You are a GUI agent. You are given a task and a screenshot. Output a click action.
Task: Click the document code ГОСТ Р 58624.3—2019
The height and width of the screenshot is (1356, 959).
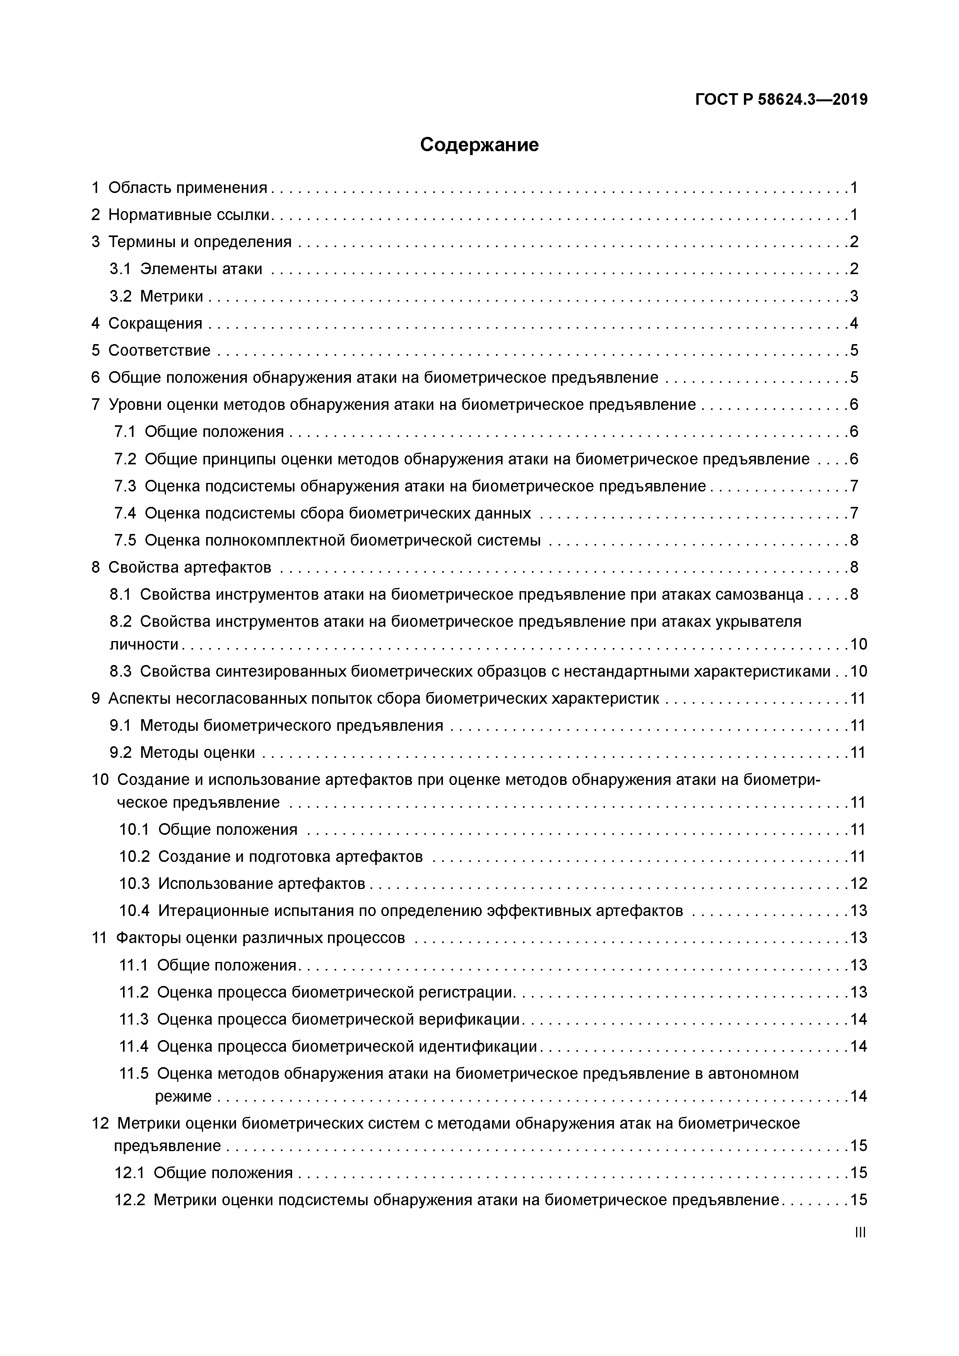coord(781,100)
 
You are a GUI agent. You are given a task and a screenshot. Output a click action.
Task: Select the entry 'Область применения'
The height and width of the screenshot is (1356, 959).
coord(187,188)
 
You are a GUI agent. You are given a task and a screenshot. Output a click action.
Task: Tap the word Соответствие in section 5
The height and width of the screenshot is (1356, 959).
coord(159,351)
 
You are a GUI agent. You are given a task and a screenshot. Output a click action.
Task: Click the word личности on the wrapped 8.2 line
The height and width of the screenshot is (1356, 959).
coord(145,644)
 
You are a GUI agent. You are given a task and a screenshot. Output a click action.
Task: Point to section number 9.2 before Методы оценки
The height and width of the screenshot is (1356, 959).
coord(120,753)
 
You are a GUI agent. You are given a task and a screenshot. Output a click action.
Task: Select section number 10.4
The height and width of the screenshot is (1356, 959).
coord(134,911)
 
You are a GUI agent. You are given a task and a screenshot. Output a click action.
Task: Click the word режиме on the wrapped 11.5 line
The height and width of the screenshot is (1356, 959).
coord(183,1097)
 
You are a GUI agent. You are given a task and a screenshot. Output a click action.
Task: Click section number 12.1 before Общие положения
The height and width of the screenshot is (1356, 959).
coord(130,1173)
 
